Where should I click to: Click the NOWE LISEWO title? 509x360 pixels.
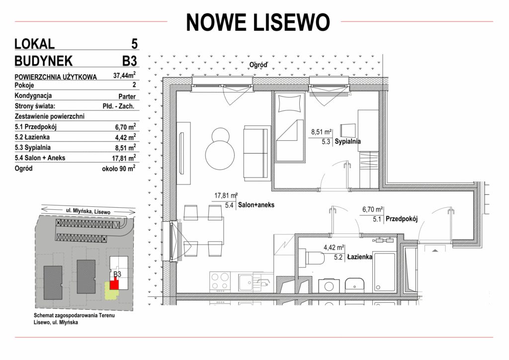(258, 22)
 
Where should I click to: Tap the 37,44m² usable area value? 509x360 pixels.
(124, 75)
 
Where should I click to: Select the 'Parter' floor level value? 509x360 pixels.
(127, 96)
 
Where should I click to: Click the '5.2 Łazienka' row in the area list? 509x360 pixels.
(76, 137)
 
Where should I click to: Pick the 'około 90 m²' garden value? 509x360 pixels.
(119, 168)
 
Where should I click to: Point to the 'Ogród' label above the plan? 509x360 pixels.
(258, 65)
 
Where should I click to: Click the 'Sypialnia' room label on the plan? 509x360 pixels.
(347, 142)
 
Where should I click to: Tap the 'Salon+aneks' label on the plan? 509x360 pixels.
(256, 205)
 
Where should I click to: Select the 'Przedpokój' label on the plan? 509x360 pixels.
(401, 219)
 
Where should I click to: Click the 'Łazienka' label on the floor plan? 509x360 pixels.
(359, 257)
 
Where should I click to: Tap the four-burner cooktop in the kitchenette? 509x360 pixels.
(220, 282)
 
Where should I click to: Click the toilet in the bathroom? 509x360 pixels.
(311, 259)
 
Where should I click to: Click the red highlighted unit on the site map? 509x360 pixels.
(114, 285)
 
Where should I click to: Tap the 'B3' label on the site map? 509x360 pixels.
(117, 274)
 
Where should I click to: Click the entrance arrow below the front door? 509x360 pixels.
(434, 250)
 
